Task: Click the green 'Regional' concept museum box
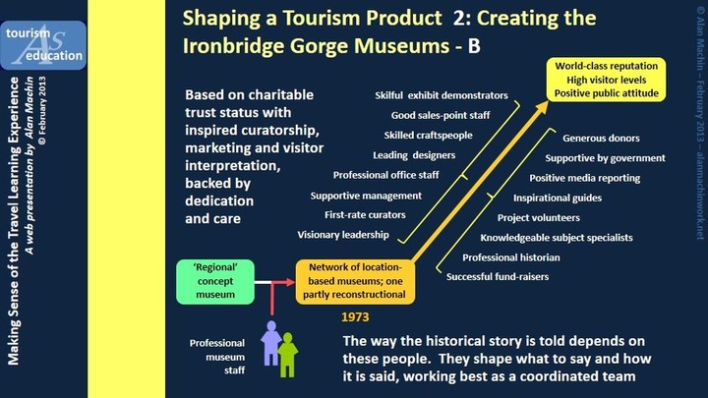(x=215, y=282)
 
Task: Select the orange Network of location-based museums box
(x=355, y=282)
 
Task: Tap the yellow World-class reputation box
(x=606, y=80)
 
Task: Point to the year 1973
(x=355, y=317)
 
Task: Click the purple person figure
(x=271, y=343)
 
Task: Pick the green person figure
(x=287, y=355)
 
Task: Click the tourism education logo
(x=43, y=45)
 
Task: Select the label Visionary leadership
(x=343, y=235)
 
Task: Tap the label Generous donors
(x=601, y=139)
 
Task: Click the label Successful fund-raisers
(x=498, y=276)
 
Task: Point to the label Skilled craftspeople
(x=428, y=136)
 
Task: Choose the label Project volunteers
(x=539, y=217)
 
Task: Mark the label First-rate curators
(x=365, y=215)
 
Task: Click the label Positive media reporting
(x=585, y=178)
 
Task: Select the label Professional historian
(x=511, y=257)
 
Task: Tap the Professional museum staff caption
(x=217, y=357)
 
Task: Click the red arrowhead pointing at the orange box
(x=289, y=282)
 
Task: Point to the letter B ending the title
(x=474, y=46)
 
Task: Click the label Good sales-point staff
(x=441, y=116)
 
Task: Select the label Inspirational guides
(x=558, y=199)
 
